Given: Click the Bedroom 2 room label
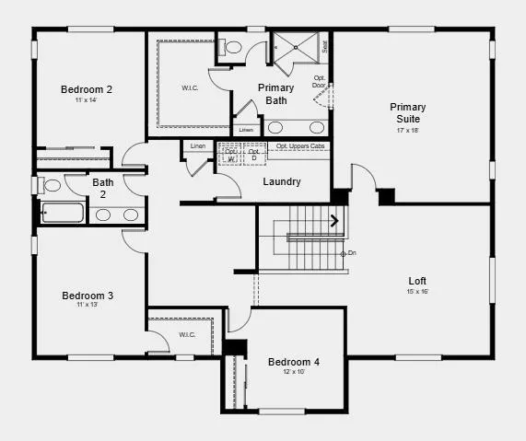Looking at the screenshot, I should click(87, 89).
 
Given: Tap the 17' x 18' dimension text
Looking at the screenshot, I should click(407, 131).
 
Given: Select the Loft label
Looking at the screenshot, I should click(417, 281).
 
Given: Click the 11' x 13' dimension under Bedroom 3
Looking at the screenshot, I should click(88, 305).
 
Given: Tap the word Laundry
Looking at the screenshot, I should click(282, 181).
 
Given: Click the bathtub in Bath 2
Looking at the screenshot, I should click(63, 215).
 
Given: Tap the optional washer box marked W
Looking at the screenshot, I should click(230, 155).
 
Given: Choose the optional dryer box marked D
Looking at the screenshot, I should click(253, 155).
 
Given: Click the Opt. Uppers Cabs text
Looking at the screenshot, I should click(299, 145).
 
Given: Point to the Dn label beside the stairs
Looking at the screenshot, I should click(351, 253).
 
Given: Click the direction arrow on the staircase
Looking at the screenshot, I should click(334, 220).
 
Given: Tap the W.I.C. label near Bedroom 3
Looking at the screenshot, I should click(187, 334).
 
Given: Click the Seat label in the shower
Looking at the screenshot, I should click(325, 43).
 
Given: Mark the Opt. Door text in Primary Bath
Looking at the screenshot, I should click(319, 82).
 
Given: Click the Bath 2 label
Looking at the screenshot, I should click(103, 188).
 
